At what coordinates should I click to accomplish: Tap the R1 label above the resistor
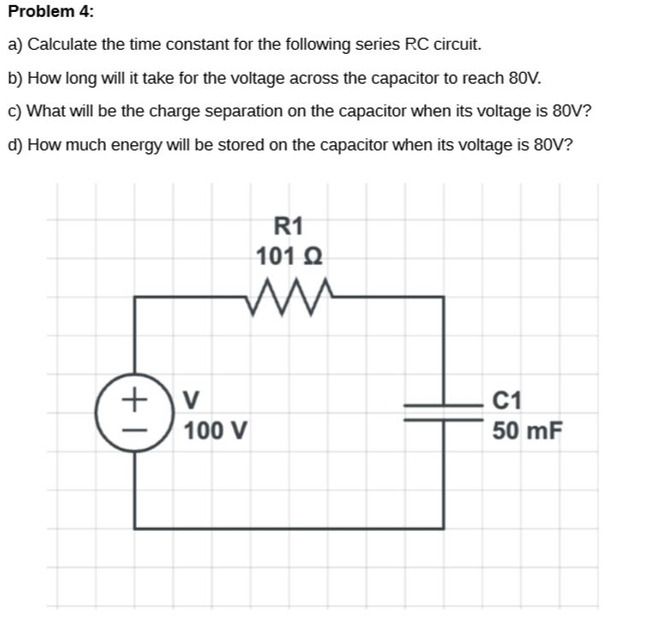[289, 226]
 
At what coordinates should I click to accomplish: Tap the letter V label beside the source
[192, 399]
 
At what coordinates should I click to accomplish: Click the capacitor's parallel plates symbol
[444, 412]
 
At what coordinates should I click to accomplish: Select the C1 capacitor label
[508, 399]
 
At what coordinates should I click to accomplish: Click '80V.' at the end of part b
[524, 78]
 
